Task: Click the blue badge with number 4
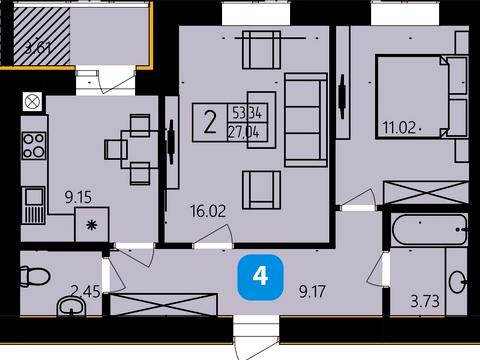click(260, 277)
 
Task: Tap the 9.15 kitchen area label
click(78, 197)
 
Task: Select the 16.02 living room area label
click(208, 211)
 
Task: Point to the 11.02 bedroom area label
click(399, 128)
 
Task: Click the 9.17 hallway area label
click(312, 292)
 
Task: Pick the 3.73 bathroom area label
click(425, 301)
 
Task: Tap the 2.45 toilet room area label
click(86, 292)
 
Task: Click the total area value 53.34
click(247, 113)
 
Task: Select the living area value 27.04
click(244, 133)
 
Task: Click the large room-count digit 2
click(210, 123)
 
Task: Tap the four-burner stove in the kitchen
click(34, 145)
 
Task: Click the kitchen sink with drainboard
click(33, 205)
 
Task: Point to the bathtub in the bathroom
click(429, 230)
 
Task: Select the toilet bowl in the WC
click(35, 276)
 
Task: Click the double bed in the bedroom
click(422, 97)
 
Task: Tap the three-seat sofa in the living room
click(305, 120)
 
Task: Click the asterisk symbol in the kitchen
click(92, 225)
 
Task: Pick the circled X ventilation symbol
click(33, 102)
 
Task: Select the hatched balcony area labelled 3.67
click(42, 36)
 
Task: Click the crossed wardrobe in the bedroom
click(426, 193)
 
